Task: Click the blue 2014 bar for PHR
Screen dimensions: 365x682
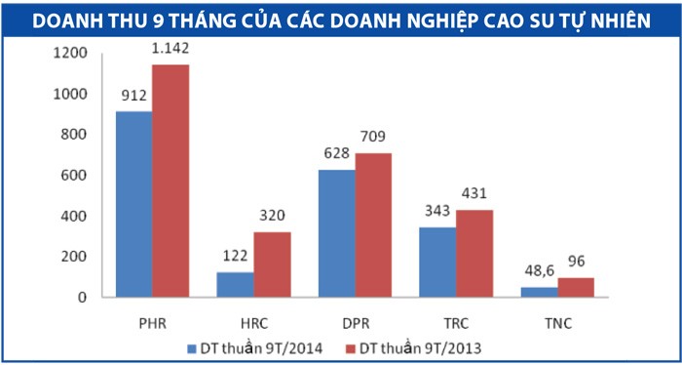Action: pos(133,204)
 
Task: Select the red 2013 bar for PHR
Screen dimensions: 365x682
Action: pos(170,181)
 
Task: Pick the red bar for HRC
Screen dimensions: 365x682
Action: pos(272,264)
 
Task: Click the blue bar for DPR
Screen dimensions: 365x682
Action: pos(336,233)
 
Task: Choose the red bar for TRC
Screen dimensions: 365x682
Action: pos(474,253)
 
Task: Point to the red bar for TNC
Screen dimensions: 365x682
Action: pos(576,287)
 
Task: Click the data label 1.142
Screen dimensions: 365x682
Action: pos(170,49)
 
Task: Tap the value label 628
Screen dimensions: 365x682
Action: pos(336,154)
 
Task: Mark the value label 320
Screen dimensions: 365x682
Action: pos(273,217)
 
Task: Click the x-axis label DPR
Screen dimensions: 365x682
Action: pos(355,320)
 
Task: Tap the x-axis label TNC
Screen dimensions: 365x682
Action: pos(558,320)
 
